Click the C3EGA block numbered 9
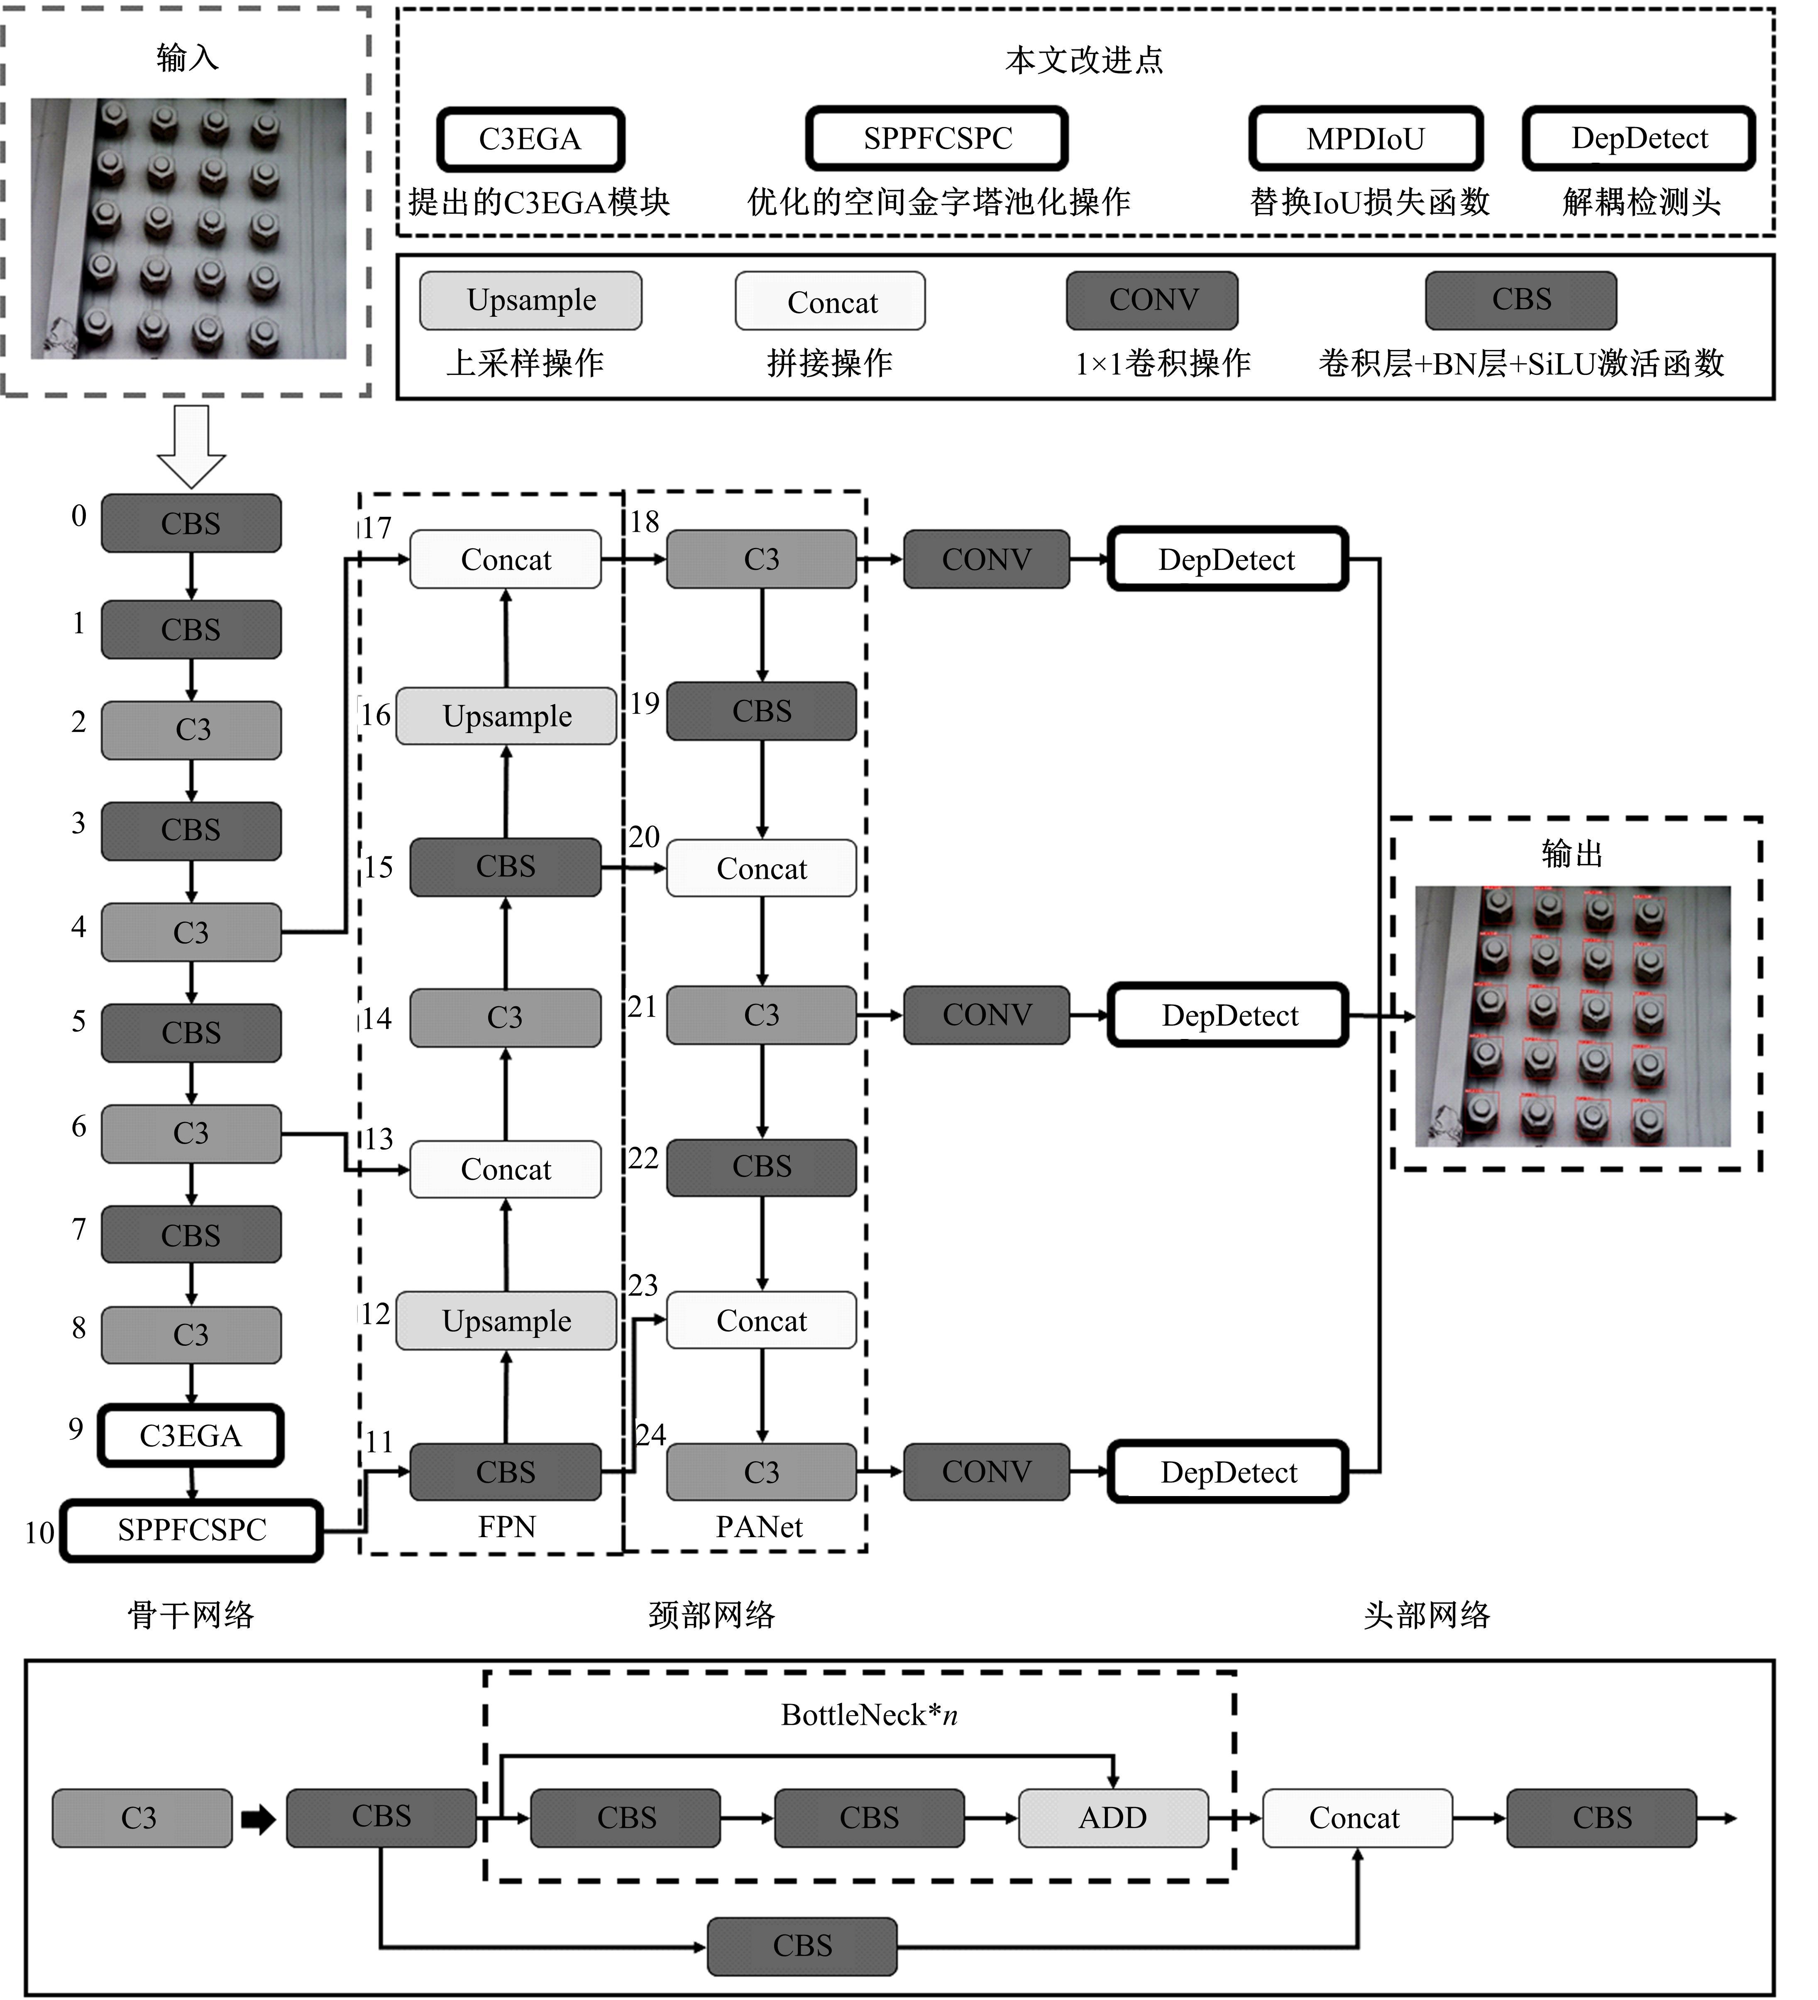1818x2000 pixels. tap(191, 1435)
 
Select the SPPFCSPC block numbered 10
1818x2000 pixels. tap(191, 1530)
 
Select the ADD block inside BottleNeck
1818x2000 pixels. tap(1113, 1817)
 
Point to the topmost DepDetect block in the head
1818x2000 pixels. tap(1227, 560)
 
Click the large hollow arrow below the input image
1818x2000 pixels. tap(191, 445)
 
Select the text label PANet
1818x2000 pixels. tap(759, 1527)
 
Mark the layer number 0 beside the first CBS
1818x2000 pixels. tap(78, 516)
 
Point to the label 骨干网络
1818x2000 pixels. tap(191, 1615)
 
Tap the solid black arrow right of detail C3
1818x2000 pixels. tap(258, 1819)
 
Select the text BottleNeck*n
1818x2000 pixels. tap(869, 1714)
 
